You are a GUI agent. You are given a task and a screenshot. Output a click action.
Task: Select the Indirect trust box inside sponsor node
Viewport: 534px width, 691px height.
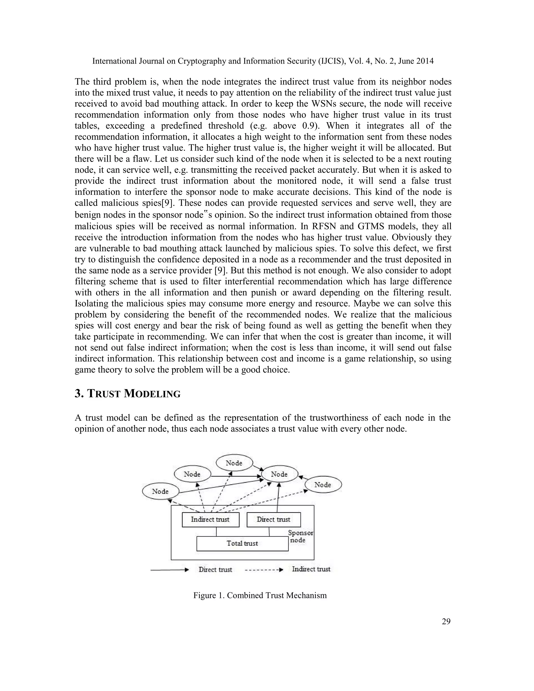coord(210,519)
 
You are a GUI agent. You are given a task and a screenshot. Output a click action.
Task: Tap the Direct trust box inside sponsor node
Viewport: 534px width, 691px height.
coord(274,519)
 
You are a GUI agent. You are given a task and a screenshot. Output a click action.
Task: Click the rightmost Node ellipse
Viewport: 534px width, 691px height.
coord(323,485)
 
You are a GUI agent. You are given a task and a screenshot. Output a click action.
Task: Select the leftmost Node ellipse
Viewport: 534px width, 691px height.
coord(160,491)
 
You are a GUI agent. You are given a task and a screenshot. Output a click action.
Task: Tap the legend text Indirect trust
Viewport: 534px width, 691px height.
coord(311,569)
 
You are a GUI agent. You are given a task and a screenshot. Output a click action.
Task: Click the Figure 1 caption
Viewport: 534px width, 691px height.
coord(260,596)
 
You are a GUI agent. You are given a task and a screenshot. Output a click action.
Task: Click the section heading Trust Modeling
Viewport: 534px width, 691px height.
coord(128,394)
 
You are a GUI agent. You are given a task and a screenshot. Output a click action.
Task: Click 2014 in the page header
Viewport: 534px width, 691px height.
coord(425,61)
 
